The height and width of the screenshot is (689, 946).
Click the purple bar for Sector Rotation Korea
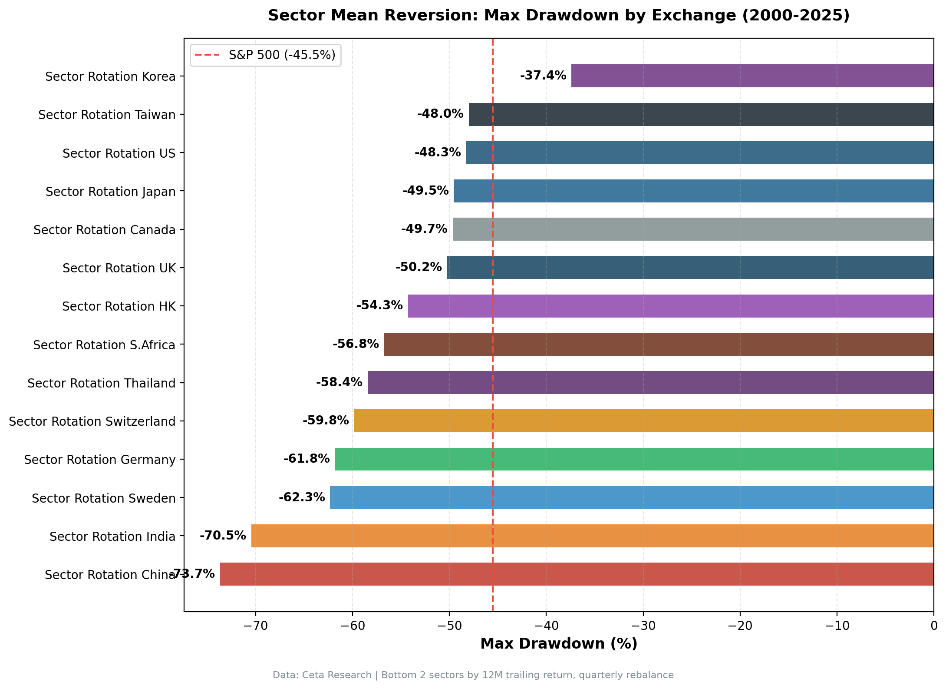(x=752, y=76)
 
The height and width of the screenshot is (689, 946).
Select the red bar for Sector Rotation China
(x=577, y=574)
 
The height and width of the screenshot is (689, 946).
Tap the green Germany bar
(x=634, y=459)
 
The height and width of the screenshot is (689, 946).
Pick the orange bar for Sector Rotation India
(x=592, y=536)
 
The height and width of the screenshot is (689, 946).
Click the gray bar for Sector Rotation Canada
(x=693, y=229)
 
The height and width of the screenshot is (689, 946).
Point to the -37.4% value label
(x=543, y=76)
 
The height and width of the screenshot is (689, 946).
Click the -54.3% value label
(x=379, y=305)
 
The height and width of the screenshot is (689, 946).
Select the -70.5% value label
(x=223, y=535)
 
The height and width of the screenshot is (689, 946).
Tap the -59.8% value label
(x=326, y=421)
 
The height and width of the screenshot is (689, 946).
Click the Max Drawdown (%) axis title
(x=559, y=644)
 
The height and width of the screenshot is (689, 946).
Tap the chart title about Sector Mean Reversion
(x=559, y=16)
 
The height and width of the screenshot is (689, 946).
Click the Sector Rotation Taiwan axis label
(x=107, y=115)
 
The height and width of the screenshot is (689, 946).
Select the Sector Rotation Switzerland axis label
(x=92, y=421)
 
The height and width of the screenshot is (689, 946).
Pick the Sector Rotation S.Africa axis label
(x=104, y=345)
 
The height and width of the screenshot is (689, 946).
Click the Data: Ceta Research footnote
(x=473, y=675)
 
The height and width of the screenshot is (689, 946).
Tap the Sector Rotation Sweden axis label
(x=103, y=498)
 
